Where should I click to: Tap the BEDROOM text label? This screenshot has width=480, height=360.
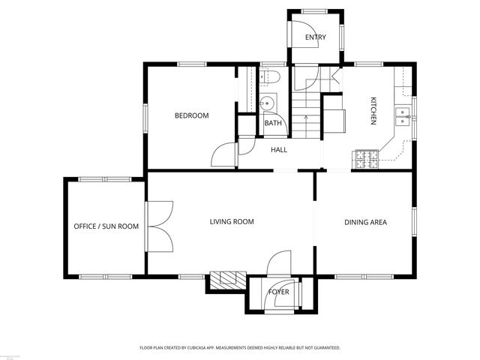[191, 115]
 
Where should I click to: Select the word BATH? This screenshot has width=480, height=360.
[271, 124]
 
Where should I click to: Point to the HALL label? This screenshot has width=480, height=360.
[279, 150]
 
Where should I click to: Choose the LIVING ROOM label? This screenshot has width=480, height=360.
[231, 221]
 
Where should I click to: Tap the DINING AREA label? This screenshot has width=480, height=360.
[365, 222]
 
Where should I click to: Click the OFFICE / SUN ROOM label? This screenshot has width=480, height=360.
[106, 226]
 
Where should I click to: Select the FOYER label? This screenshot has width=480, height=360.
[279, 292]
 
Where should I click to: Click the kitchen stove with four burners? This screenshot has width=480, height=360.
[365, 158]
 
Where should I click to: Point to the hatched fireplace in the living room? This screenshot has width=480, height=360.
[226, 280]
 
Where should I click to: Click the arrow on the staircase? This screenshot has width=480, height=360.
[306, 117]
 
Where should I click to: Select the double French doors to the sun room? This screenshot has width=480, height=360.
[161, 225]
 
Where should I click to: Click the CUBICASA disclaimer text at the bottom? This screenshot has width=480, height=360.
[240, 348]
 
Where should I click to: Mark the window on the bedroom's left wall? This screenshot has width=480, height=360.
[145, 117]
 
